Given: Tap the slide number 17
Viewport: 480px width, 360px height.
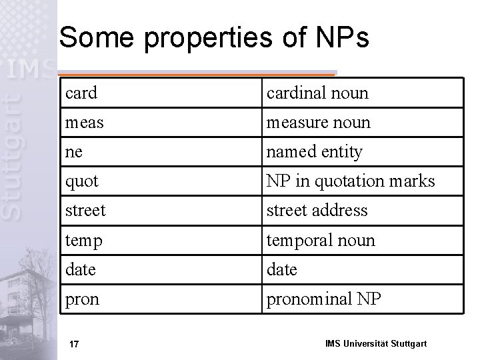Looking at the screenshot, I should (75, 344).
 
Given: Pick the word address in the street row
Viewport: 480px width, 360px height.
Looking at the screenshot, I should (337, 211).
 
